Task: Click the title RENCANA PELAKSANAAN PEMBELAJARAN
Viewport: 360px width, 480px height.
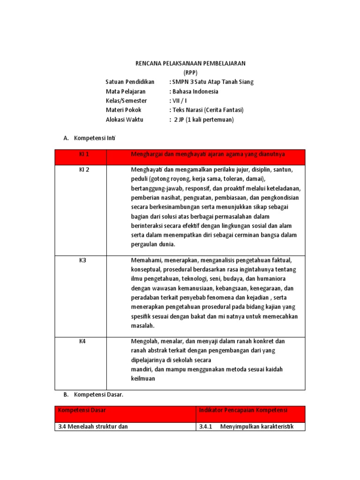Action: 190,63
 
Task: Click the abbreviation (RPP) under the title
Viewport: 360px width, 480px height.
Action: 190,72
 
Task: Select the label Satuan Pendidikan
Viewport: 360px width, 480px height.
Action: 130,82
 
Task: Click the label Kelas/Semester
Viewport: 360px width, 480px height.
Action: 126,101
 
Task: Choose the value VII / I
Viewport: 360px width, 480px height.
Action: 178,101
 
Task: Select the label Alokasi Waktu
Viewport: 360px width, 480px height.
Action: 124,120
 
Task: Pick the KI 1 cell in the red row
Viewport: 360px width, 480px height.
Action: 84,154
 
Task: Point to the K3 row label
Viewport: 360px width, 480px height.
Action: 82,260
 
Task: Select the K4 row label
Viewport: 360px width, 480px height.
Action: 82,341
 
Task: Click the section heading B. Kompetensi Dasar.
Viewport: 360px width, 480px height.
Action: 93,395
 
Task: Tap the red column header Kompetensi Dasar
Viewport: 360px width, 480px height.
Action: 82,410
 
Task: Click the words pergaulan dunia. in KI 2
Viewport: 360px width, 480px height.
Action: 153,244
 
